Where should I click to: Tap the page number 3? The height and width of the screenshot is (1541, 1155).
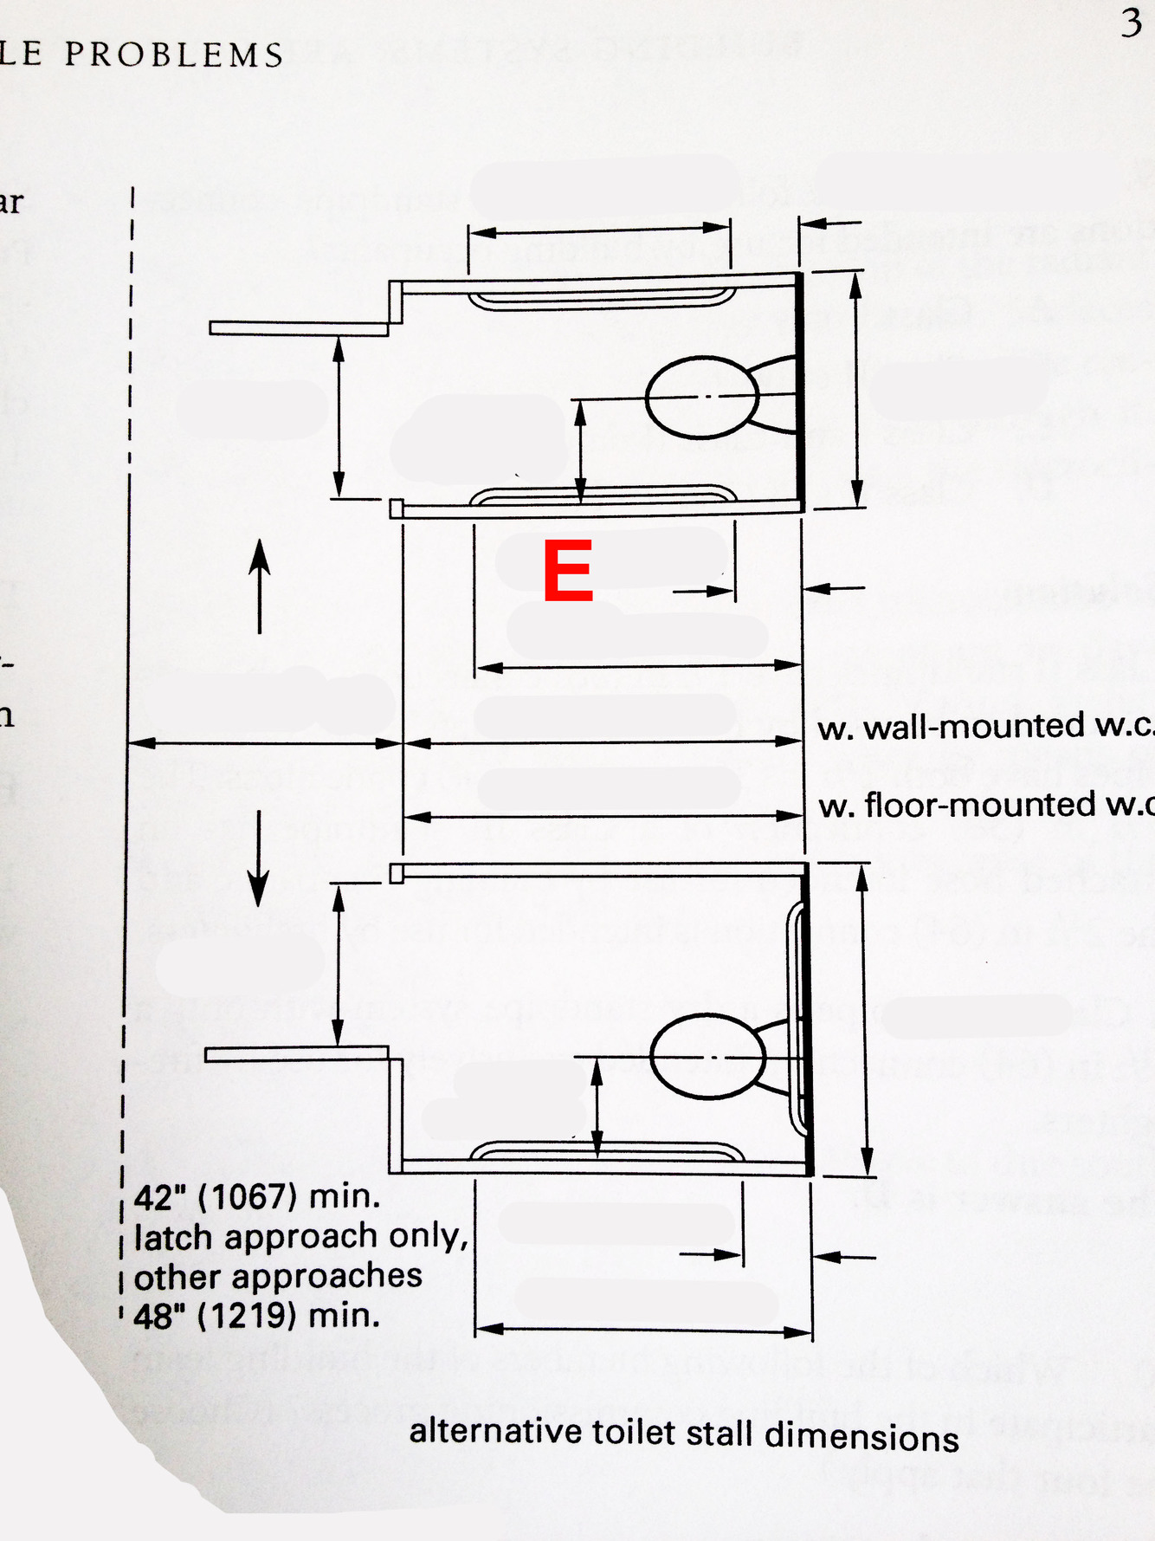pyautogui.click(x=1131, y=23)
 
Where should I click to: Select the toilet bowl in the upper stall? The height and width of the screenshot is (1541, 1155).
pyautogui.click(x=702, y=397)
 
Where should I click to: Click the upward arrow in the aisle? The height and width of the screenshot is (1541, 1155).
pyautogui.click(x=260, y=586)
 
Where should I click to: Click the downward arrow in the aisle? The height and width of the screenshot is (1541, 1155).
pyautogui.click(x=258, y=858)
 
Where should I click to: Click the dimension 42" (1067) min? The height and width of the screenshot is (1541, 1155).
pyautogui.click(x=257, y=1197)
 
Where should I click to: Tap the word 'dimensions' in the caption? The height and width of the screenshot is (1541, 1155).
pyautogui.click(x=861, y=1436)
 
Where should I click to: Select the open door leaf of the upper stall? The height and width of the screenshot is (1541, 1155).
pyautogui.click(x=298, y=328)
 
